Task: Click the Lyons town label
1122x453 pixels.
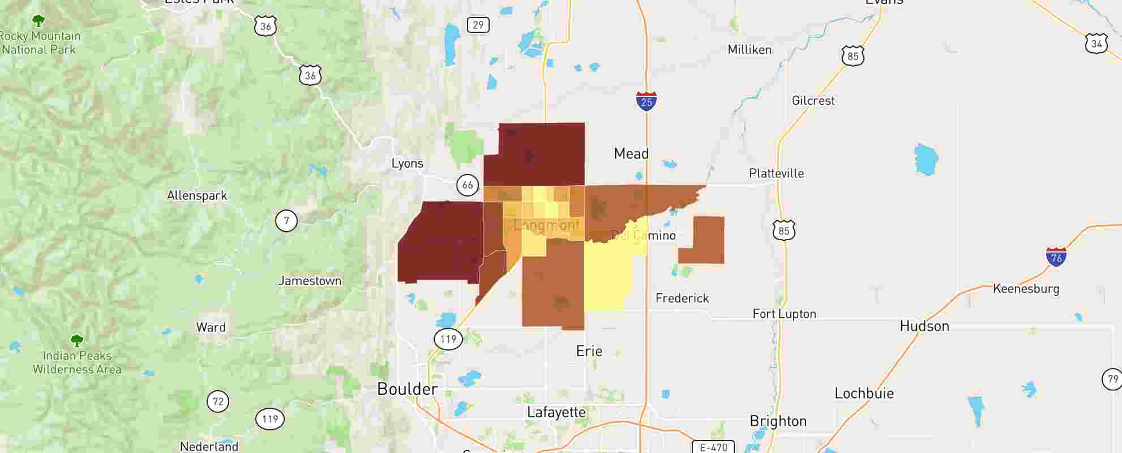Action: point(407,164)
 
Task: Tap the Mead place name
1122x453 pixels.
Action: point(631,153)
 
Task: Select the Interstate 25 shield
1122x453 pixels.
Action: point(646,101)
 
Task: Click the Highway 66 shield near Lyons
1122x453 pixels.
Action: point(468,185)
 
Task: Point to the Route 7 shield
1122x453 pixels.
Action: point(286,220)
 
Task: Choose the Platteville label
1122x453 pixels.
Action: point(776,173)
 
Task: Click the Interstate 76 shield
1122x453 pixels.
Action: point(1056,257)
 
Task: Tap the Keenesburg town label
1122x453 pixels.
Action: point(1026,289)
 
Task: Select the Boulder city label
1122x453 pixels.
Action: point(407,389)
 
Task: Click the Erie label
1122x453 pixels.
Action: point(589,351)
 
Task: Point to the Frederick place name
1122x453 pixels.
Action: point(682,298)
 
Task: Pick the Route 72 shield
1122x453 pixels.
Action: point(218,401)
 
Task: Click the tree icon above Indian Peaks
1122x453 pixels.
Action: point(77,341)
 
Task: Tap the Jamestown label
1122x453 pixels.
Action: point(310,281)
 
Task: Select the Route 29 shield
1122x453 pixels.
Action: point(478,25)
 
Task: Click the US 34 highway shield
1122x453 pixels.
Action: point(1097,44)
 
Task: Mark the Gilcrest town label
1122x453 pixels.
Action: point(813,101)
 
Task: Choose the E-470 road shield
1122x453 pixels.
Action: point(713,447)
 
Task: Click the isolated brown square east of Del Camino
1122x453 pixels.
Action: point(701,240)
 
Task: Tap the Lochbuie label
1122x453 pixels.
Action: point(864,394)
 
